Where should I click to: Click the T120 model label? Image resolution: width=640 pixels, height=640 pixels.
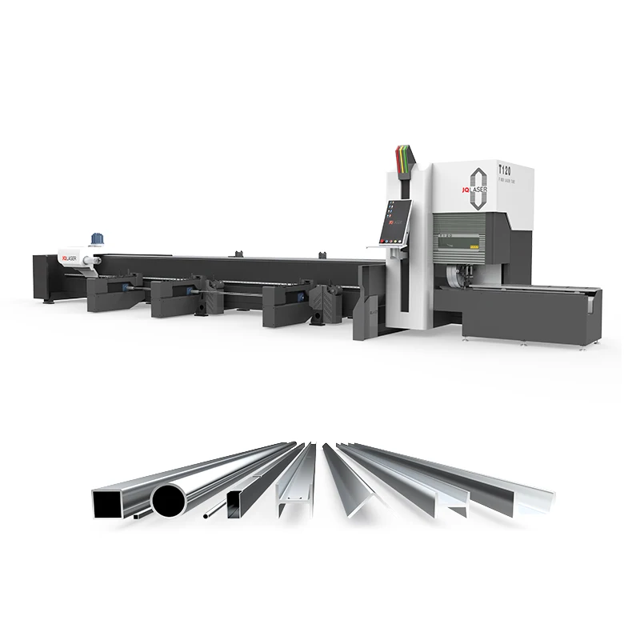tap(504, 170)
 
